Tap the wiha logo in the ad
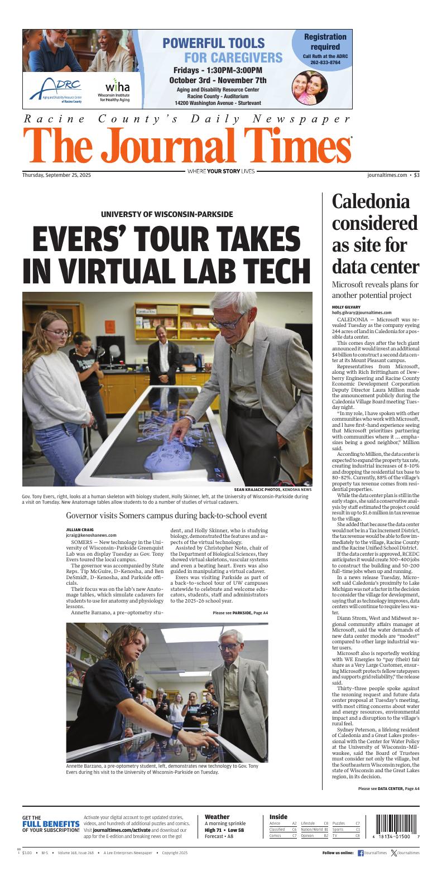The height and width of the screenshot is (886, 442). coord(117,87)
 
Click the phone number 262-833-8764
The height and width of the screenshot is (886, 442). coord(325,62)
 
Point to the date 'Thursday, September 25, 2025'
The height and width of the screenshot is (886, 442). coord(56,175)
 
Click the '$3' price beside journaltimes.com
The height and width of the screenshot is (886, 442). coord(416,175)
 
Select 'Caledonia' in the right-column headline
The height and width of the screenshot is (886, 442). coord(371,201)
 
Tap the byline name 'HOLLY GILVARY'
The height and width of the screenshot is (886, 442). coord(345,307)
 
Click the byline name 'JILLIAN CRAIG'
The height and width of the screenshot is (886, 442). coord(80,529)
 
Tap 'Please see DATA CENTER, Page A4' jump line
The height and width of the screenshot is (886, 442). coord(388,788)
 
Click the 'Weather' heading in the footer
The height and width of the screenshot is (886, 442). coord(217,817)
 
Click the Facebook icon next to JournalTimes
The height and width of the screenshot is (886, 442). coord(361,853)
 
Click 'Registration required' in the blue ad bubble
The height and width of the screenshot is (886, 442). coord(325,42)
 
